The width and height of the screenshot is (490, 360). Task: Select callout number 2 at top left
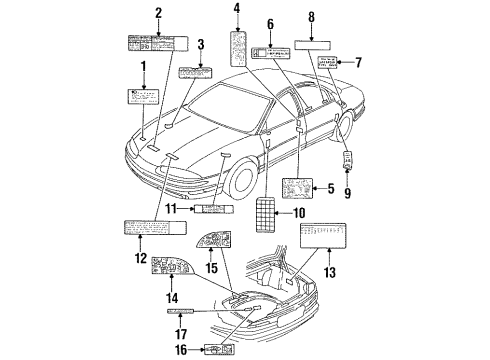(158, 13)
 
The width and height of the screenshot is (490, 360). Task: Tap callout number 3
(201, 45)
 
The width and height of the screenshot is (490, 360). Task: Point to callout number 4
(237, 11)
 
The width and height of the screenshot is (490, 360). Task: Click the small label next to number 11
(211, 208)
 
